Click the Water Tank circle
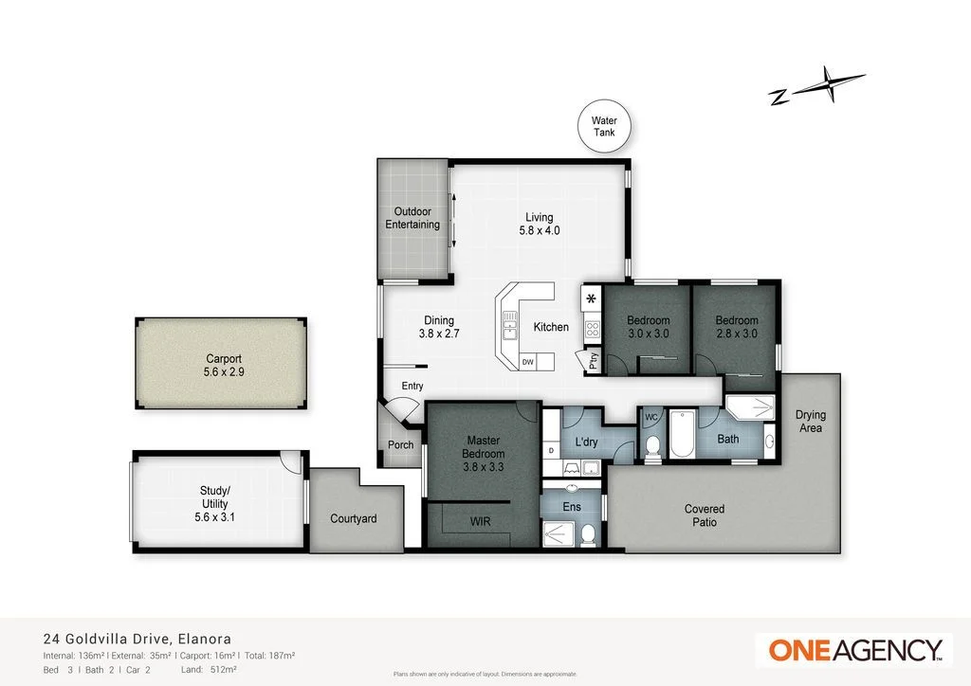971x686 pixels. tap(604, 127)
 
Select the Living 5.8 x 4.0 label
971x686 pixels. tap(539, 224)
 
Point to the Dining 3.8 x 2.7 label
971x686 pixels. tap(438, 327)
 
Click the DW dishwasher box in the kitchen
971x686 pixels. tap(528, 362)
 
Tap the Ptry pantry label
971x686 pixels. tap(594, 360)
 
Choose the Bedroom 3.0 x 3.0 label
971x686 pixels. tap(648, 327)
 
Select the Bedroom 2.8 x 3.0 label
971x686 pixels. tap(736, 327)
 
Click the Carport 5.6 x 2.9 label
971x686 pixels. tap(223, 366)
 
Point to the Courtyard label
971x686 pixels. tap(354, 518)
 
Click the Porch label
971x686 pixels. tap(400, 446)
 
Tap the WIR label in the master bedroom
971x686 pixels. tap(481, 522)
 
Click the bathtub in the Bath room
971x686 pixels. tap(683, 434)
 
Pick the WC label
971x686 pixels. tap(651, 417)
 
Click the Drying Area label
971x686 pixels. tap(810, 422)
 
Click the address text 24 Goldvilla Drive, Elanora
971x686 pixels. tap(137, 640)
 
